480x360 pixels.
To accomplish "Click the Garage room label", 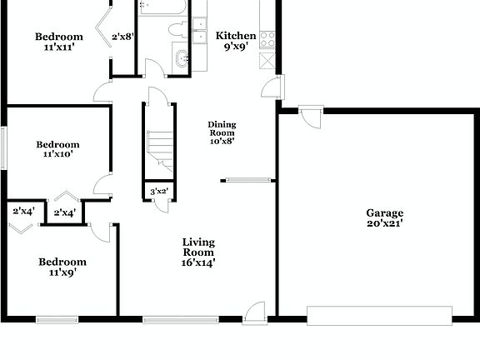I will tap(384, 213).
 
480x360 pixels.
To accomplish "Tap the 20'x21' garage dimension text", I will tap(384, 223).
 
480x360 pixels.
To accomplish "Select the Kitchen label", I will tap(236, 36).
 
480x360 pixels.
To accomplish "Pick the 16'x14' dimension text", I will tap(199, 262).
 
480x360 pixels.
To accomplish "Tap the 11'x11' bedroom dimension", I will tap(59, 47).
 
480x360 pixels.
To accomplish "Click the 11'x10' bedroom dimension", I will tap(57, 154).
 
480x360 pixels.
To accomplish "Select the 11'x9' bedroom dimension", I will tap(62, 272).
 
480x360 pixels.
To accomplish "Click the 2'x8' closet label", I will tap(122, 36).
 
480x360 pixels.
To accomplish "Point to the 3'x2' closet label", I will tap(157, 192).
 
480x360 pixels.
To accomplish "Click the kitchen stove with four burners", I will tap(268, 38).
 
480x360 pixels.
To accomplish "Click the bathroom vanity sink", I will tap(182, 59).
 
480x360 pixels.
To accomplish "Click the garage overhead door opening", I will tap(379, 315).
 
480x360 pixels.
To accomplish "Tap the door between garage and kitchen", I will tap(312, 116).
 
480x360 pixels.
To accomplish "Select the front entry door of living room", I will tap(256, 311).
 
